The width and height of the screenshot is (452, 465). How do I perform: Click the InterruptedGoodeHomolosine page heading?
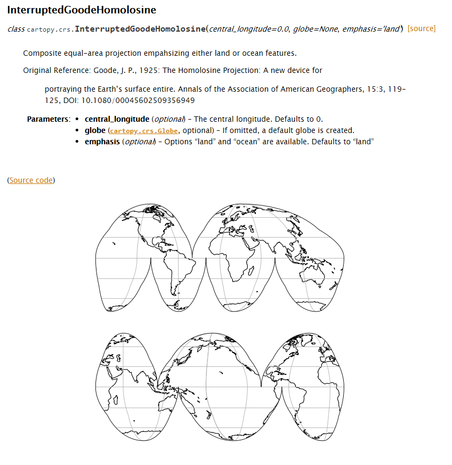click(81, 10)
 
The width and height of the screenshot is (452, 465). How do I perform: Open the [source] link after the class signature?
click(421, 28)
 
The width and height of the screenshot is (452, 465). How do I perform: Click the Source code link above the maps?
click(31, 180)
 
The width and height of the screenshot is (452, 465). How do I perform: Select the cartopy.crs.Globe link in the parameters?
click(144, 131)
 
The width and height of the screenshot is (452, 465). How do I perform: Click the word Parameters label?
click(48, 119)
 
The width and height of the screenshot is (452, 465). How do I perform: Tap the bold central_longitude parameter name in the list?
click(117, 119)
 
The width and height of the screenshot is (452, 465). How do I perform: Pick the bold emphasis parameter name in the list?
click(102, 142)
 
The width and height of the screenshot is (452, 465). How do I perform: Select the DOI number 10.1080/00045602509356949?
click(138, 100)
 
